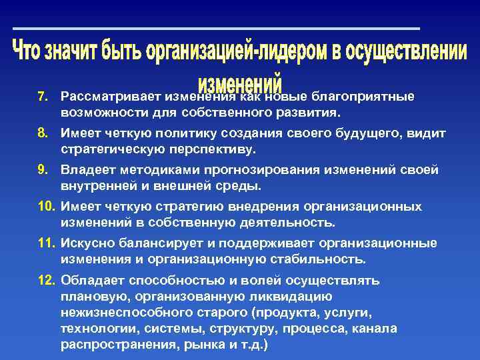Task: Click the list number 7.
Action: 41,97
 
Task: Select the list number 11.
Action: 45,243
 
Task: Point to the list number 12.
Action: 45,280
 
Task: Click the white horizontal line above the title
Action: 217,29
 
